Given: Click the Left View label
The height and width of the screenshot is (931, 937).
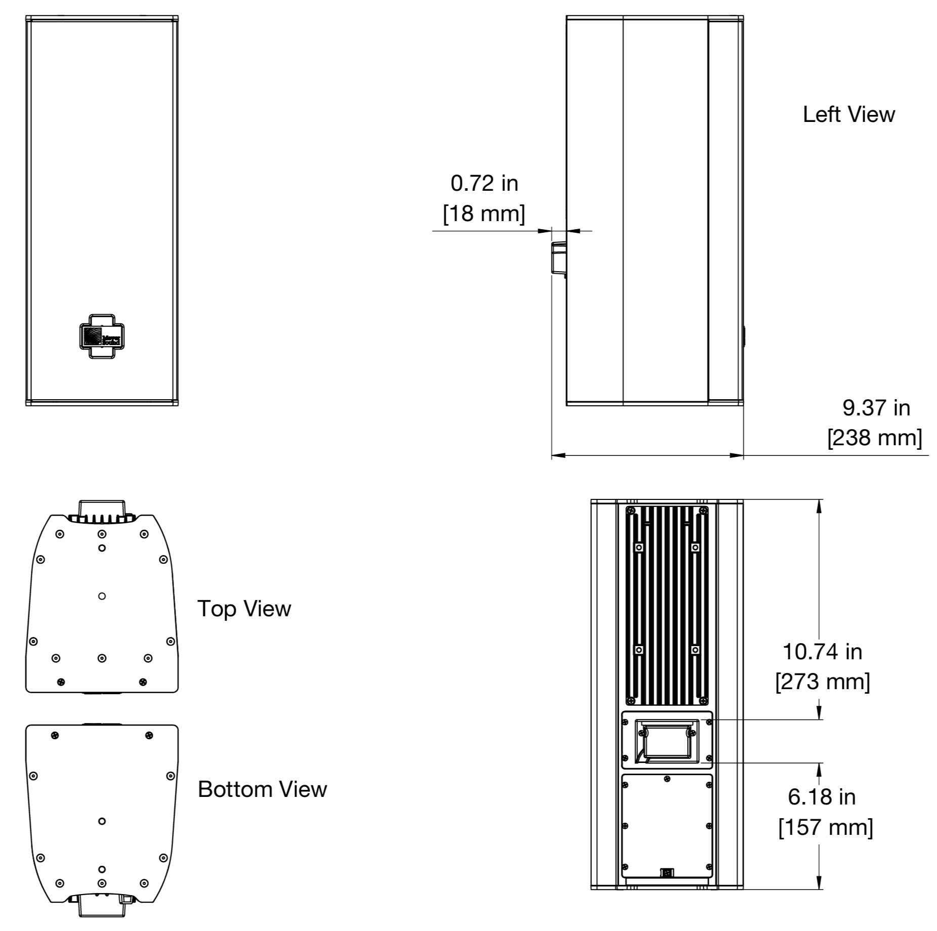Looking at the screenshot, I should (x=848, y=114).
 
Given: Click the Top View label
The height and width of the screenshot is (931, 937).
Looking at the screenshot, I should (x=244, y=608).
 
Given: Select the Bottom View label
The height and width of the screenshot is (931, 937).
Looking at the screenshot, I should (x=262, y=789).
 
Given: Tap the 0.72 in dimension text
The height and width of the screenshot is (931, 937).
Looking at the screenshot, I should (x=484, y=183).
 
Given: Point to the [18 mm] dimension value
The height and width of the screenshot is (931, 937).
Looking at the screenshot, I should (x=484, y=214).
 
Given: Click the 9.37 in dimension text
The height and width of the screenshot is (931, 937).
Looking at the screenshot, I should (x=876, y=408).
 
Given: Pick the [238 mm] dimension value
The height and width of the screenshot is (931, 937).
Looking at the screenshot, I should (x=875, y=438).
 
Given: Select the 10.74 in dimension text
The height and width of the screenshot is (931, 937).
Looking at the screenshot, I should (x=822, y=652).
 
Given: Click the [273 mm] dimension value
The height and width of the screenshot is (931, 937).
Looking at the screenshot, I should (x=823, y=682).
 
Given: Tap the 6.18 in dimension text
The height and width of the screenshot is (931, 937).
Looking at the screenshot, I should (x=822, y=797).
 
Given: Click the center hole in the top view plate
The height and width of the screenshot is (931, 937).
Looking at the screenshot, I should (x=102, y=596).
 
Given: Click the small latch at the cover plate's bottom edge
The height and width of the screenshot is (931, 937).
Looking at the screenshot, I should (x=667, y=873).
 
